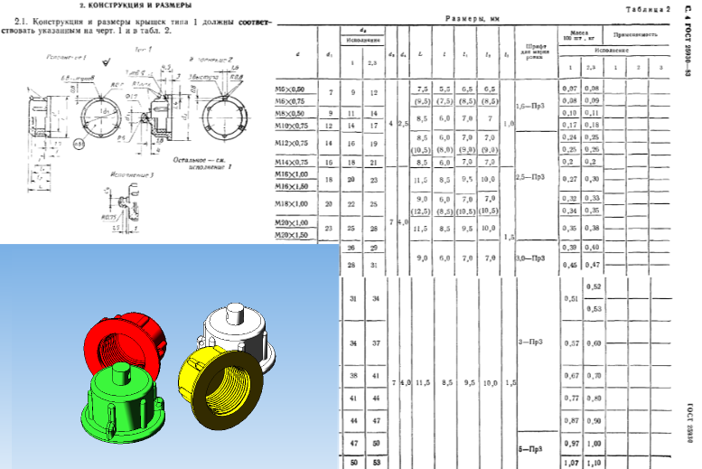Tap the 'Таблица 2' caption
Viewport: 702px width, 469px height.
coord(648,8)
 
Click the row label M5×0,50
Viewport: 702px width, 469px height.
coord(290,89)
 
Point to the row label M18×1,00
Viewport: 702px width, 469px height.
coord(290,204)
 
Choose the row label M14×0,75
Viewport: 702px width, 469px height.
coord(290,162)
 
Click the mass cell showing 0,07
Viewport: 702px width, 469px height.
coord(568,89)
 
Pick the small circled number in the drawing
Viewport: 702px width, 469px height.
coord(55,144)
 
